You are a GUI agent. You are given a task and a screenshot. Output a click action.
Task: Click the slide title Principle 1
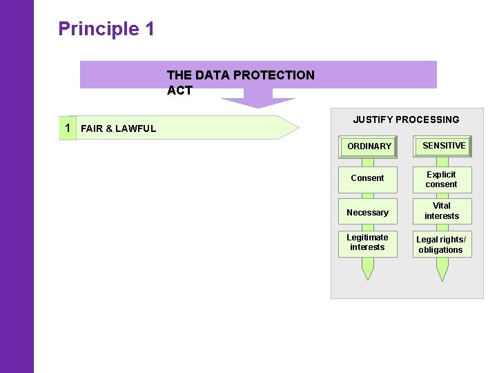106,29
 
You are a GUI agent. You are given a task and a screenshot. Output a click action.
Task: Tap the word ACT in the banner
179,90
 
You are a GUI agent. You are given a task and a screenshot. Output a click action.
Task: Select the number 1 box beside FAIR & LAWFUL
67,128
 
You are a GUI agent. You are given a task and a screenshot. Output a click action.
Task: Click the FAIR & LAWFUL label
118,128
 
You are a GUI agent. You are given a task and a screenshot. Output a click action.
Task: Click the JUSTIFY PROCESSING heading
406,119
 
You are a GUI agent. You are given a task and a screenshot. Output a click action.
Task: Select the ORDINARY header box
369,146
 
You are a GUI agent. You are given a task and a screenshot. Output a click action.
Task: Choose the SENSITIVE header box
443,146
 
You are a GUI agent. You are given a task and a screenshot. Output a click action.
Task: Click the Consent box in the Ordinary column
367,178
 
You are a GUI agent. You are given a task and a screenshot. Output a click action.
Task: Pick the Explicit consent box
442,180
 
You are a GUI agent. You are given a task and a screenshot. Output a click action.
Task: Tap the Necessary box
367,213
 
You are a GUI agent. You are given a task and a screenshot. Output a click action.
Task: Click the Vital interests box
442,211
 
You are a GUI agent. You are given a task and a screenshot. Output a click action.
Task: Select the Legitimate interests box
367,243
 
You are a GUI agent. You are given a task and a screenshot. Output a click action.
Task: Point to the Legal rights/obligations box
442,245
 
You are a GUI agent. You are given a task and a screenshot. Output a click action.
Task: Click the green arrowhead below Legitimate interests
368,271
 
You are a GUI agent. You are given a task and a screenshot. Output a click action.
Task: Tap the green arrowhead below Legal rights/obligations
442,271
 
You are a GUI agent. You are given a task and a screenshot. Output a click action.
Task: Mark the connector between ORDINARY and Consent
368,162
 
